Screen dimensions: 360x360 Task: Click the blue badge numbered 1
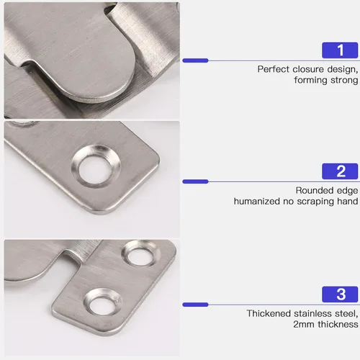(340, 50)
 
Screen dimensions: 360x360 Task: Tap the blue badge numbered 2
(340, 171)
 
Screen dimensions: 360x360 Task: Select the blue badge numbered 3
(340, 294)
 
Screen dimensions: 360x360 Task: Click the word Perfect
(274, 69)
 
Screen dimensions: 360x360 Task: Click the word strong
(344, 80)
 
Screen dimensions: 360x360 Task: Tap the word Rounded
(315, 190)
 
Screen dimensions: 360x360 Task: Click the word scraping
(315, 202)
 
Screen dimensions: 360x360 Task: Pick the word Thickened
(269, 313)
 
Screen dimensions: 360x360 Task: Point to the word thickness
(338, 324)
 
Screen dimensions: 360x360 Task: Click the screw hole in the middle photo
(95, 167)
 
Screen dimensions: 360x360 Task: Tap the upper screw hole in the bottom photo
(140, 254)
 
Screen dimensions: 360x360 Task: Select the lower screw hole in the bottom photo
(102, 303)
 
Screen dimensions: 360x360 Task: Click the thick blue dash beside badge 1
(195, 60)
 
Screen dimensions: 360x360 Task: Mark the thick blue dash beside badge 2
(195, 181)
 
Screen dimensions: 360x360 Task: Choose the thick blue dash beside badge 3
(195, 305)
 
